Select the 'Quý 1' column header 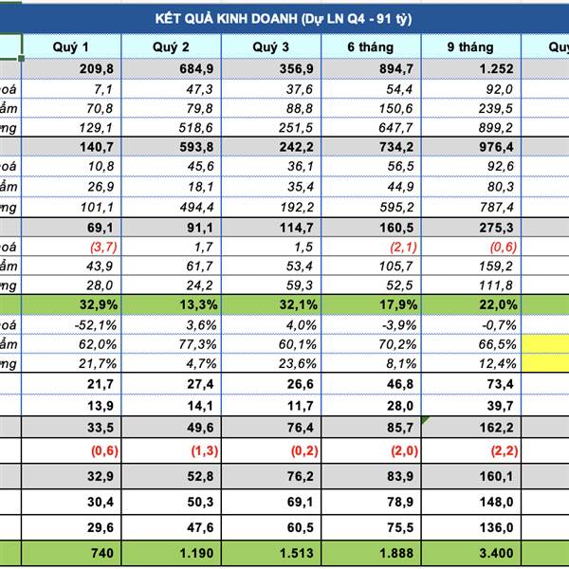click(x=71, y=46)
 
